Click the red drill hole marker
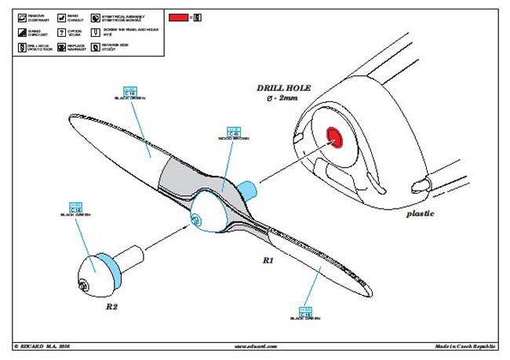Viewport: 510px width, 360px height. pyautogui.click(x=334, y=136)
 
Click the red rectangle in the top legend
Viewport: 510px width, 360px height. pyautogui.click(x=178, y=16)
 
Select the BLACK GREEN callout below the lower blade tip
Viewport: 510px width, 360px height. pyautogui.click(x=305, y=314)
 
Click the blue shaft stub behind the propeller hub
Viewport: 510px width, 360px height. pyautogui.click(x=246, y=190)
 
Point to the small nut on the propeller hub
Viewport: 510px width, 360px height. pyautogui.click(x=191, y=222)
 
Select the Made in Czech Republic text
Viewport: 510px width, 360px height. pyautogui.click(x=466, y=346)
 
